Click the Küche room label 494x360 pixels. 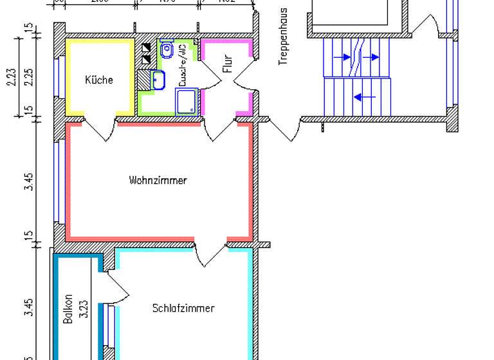pos(99,80)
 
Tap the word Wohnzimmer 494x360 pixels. pos(158,180)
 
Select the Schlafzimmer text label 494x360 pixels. pos(183,308)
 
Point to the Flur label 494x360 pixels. pos(227,64)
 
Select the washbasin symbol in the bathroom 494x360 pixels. pos(159,80)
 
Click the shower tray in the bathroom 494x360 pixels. pos(187,102)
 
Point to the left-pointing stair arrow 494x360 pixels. pos(364,97)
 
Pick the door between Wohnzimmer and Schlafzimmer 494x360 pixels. pos(210,253)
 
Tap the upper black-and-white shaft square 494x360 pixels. pos(146,48)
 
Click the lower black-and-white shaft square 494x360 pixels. pos(146,59)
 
